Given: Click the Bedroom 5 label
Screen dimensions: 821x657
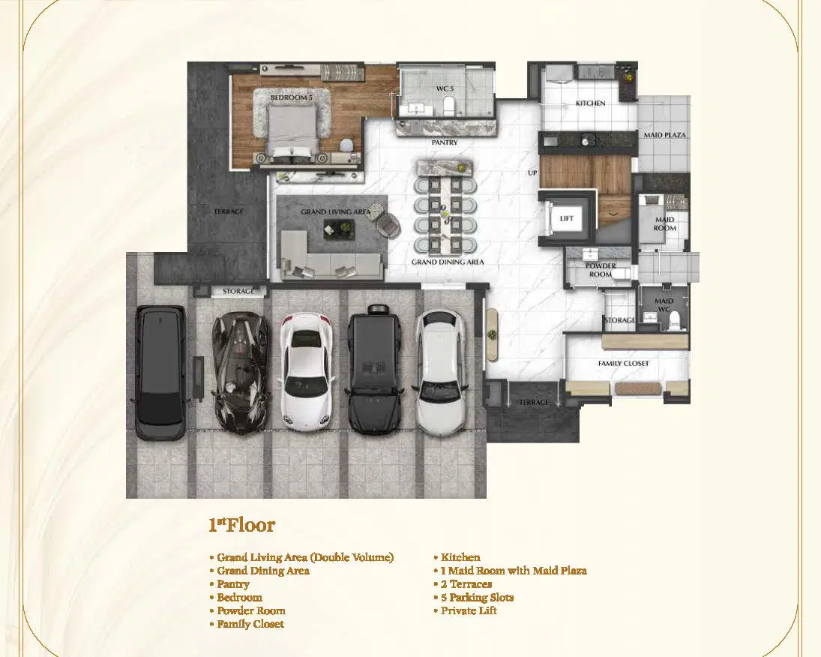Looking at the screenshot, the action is pyautogui.click(x=291, y=97).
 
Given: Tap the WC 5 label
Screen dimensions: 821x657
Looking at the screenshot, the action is pyautogui.click(x=445, y=88).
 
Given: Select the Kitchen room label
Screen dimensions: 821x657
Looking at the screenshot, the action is pyautogui.click(x=590, y=103).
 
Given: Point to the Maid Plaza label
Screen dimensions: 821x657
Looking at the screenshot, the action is pyautogui.click(x=664, y=135).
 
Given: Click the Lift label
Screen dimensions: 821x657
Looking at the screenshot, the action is pyautogui.click(x=567, y=218).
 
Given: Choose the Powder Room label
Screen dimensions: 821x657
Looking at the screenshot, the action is pyautogui.click(x=601, y=270).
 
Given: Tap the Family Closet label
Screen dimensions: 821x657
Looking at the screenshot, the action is pyautogui.click(x=623, y=363).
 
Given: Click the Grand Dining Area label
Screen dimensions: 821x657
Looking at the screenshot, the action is pyautogui.click(x=448, y=262).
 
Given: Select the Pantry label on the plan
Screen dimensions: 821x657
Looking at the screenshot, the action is pyautogui.click(x=445, y=142).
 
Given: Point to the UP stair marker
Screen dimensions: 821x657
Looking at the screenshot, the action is pyautogui.click(x=532, y=172).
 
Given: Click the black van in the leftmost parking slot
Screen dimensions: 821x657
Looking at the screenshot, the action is pyautogui.click(x=160, y=373).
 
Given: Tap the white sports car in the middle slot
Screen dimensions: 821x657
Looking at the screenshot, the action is pyautogui.click(x=307, y=371).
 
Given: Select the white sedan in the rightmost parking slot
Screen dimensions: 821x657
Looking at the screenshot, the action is pyautogui.click(x=440, y=373).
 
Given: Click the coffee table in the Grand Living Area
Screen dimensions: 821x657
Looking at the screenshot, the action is pyautogui.click(x=339, y=229).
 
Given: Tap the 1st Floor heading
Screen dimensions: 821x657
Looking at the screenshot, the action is pyautogui.click(x=242, y=524).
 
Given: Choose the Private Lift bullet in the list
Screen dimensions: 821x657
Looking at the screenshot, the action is pyautogui.click(x=466, y=610).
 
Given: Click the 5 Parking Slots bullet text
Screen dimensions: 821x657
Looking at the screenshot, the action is pyautogui.click(x=474, y=597).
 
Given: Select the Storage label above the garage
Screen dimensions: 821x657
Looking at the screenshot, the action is pyautogui.click(x=238, y=291).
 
